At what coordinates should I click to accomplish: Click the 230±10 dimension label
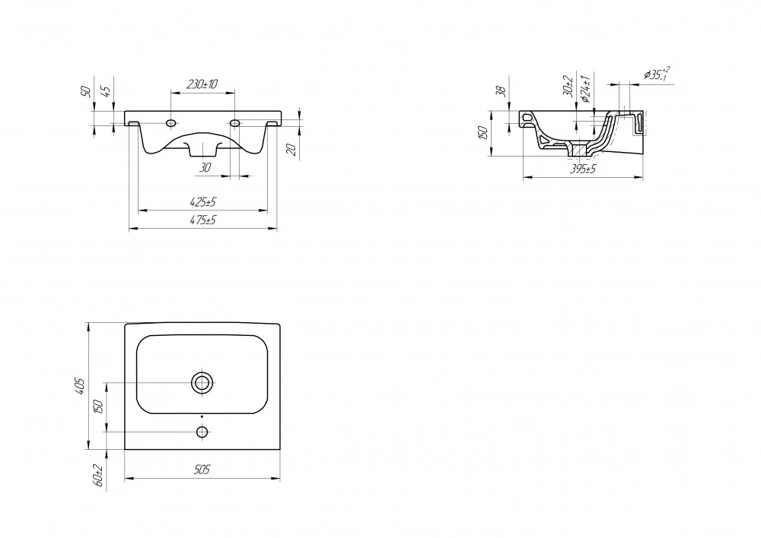coord(202,84)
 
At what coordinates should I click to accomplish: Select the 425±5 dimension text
coord(202,201)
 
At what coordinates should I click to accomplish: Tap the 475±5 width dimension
coord(202,220)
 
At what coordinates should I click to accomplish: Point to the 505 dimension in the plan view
coord(202,469)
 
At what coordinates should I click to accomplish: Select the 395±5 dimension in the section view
coord(582,169)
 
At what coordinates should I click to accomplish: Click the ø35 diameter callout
coord(658,74)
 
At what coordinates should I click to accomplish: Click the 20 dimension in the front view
coord(291,150)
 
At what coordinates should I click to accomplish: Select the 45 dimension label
coord(107,90)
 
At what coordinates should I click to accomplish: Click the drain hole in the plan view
coord(202,383)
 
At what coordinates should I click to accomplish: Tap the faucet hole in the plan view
coord(202,432)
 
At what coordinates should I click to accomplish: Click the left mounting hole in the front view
coord(170,124)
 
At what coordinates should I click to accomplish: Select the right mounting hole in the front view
coord(234,124)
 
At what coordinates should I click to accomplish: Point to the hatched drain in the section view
coord(578,149)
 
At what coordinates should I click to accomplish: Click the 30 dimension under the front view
coord(205,168)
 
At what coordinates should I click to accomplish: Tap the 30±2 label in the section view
coord(568,86)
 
